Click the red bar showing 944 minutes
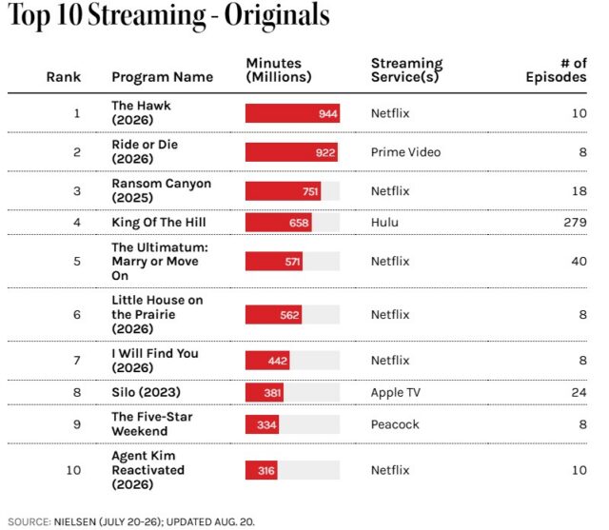pyautogui.click(x=292, y=113)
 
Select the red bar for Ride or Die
pyautogui.click(x=291, y=152)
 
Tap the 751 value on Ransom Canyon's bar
pyautogui.click(x=310, y=191)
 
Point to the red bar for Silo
pyautogui.click(x=265, y=393)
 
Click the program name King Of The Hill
pyautogui.click(x=159, y=223)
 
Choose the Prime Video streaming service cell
pyautogui.click(x=406, y=152)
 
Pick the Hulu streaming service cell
pyautogui.click(x=384, y=223)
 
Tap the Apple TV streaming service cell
pyautogui.click(x=396, y=393)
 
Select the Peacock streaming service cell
pyautogui.click(x=395, y=424)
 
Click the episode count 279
pyautogui.click(x=575, y=223)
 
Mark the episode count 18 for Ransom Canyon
pyautogui.click(x=580, y=191)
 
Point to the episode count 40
pyautogui.click(x=579, y=262)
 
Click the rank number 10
pyautogui.click(x=73, y=470)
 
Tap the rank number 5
pyautogui.click(x=77, y=262)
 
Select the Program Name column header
pyautogui.click(x=163, y=77)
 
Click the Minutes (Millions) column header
pyautogui.click(x=279, y=70)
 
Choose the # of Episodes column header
pyautogui.click(x=556, y=70)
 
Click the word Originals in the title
pyautogui.click(x=277, y=15)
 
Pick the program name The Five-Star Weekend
pyautogui.click(x=152, y=424)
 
